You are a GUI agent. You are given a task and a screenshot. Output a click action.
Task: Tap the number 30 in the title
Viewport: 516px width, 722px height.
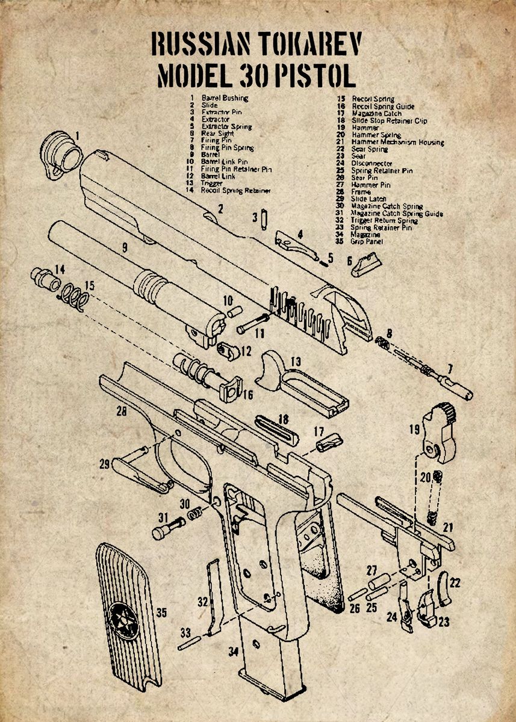[253, 76]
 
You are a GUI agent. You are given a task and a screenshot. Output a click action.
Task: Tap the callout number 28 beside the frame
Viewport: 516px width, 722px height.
[122, 412]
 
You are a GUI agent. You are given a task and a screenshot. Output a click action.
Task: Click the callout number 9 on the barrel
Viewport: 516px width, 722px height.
[124, 247]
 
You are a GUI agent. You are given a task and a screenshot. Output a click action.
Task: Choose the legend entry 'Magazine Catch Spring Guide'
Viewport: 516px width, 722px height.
[397, 214]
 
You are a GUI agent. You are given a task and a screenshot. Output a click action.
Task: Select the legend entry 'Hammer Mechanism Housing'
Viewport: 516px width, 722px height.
[398, 143]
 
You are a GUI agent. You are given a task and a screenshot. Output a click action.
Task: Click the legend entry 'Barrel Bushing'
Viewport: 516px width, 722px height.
[225, 97]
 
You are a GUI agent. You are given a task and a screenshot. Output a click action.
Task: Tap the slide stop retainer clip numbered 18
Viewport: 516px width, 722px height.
[276, 428]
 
